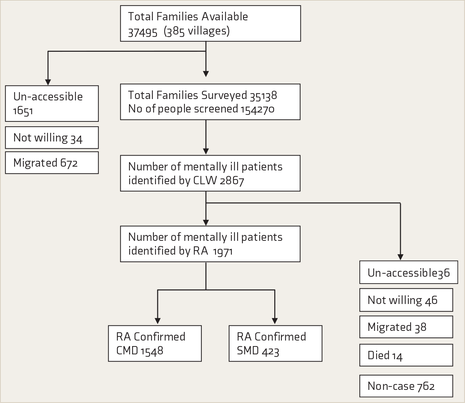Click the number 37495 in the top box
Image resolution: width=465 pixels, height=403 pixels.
click(x=142, y=32)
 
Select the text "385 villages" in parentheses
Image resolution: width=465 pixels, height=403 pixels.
click(x=197, y=31)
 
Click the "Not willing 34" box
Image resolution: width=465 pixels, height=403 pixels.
click(x=52, y=137)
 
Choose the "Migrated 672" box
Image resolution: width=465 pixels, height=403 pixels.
click(x=52, y=163)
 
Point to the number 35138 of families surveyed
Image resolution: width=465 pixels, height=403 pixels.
click(x=264, y=96)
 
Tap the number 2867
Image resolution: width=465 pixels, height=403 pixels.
click(x=232, y=181)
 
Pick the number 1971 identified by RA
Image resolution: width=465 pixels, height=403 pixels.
click(x=223, y=251)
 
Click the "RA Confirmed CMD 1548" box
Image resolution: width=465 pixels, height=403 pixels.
click(x=155, y=343)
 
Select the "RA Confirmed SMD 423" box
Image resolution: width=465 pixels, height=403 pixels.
click(x=276, y=343)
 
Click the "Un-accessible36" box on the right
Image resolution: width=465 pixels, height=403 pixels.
click(x=409, y=272)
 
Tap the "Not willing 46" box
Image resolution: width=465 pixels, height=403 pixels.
click(x=406, y=300)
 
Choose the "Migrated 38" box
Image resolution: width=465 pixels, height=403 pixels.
click(x=406, y=327)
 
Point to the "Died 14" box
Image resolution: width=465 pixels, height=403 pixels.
click(x=406, y=355)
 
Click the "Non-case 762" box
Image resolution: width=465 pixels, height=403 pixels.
click(x=406, y=386)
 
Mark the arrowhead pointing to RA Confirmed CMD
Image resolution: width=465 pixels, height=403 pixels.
click(x=158, y=321)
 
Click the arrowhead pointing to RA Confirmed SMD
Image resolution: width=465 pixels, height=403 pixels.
click(x=275, y=321)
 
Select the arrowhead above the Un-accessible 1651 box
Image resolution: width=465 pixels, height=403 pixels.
click(x=48, y=82)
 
